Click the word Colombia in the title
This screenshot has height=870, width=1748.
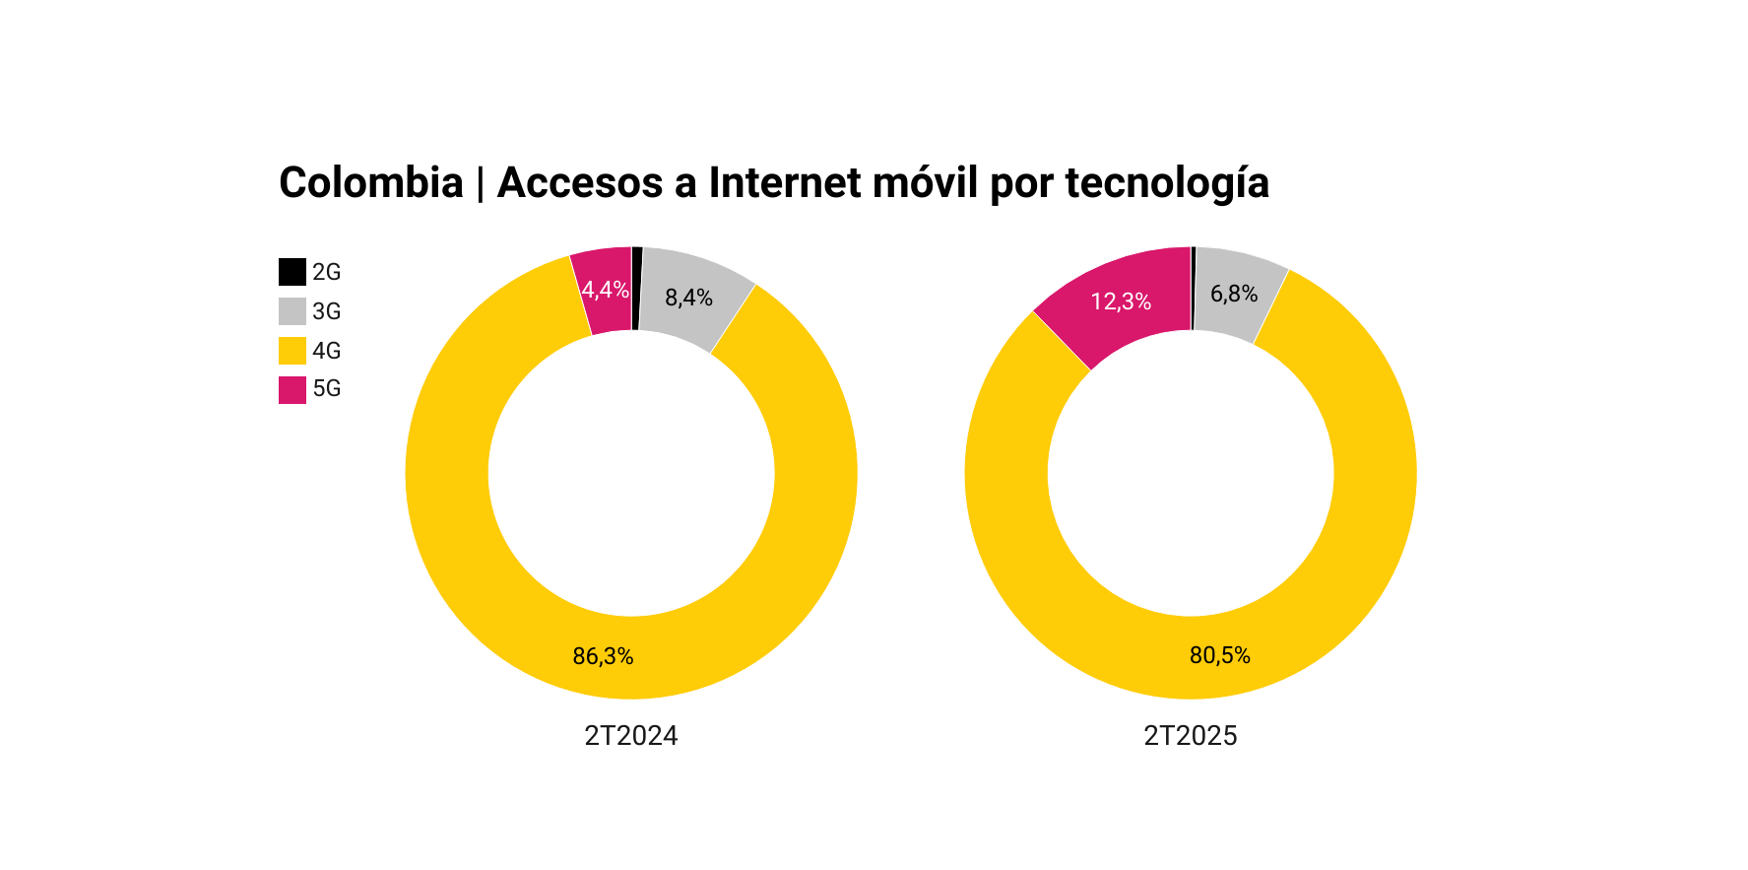370,183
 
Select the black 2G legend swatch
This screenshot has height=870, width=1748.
292,272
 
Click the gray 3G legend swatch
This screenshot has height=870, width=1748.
292,311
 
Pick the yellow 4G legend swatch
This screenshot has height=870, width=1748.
292,351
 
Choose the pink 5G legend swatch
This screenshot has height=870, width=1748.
292,389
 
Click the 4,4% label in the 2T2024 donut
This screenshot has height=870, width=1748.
605,290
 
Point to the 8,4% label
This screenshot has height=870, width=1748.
688,298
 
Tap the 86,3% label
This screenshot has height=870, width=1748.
603,656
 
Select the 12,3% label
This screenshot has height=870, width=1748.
1121,301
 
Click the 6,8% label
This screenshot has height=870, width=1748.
1234,294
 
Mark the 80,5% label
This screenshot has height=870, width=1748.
1219,655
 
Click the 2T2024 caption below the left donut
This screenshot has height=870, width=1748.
631,736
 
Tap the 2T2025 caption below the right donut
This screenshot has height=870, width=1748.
1190,736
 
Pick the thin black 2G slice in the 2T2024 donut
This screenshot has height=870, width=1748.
636,289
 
